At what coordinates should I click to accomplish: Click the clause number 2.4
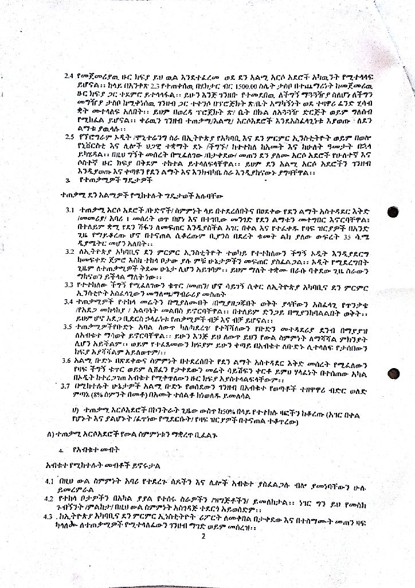69,76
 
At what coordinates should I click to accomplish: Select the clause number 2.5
69,137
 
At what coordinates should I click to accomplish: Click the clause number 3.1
69,211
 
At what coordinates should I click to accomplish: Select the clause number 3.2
69,252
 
